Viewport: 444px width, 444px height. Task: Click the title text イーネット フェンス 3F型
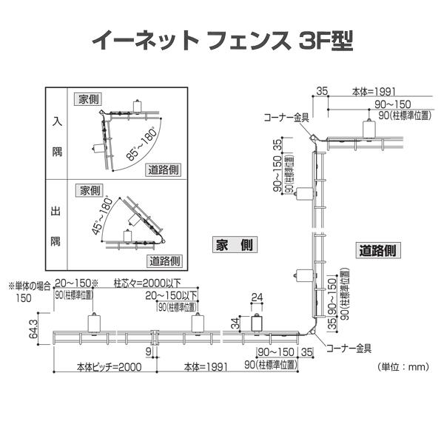pyautogui.click(x=222, y=39)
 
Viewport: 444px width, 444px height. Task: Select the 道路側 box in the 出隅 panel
pyautogui.click(x=164, y=260)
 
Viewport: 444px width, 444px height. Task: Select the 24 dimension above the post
pyautogui.click(x=257, y=298)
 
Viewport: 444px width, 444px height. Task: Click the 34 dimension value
pyautogui.click(x=235, y=323)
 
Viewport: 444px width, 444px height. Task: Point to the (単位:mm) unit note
pyautogui.click(x=403, y=366)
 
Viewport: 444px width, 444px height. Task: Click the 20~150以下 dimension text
pyautogui.click(x=172, y=295)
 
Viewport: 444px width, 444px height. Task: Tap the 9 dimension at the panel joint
pyautogui.click(x=149, y=353)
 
